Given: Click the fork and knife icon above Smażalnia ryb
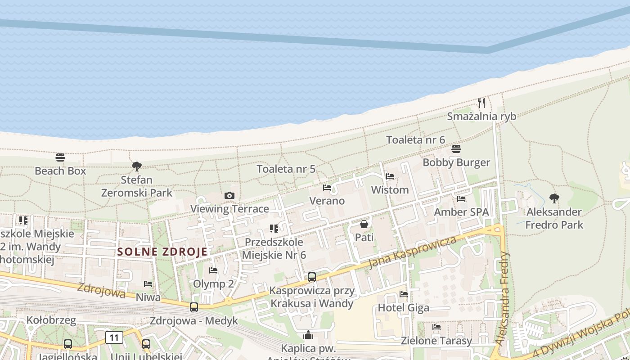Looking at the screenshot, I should (481, 103).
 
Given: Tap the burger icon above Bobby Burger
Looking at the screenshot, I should (456, 149).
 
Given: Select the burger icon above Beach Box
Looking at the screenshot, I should (60, 157).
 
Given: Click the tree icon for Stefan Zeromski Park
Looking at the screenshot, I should (137, 166).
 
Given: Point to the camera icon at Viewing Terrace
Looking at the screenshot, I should (229, 195).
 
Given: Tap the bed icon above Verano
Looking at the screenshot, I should (327, 187).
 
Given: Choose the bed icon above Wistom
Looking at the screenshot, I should (390, 176).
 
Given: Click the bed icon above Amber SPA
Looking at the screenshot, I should (461, 198).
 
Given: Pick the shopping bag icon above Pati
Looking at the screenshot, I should (364, 224).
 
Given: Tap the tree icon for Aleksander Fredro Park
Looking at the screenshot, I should (554, 198).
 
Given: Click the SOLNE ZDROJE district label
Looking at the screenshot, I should (162, 252).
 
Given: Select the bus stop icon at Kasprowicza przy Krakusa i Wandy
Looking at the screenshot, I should (312, 277).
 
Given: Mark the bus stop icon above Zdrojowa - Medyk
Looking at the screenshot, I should (194, 307).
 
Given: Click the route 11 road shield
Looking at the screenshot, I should (114, 337).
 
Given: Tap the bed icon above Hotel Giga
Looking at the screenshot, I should (404, 294).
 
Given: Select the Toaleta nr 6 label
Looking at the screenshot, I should (415, 139).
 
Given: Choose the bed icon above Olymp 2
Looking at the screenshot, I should (213, 270).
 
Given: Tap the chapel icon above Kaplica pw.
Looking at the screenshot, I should (308, 335).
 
